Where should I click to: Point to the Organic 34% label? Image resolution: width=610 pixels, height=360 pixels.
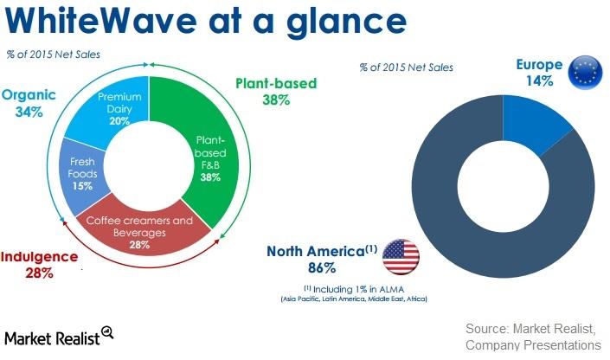tap(29, 102)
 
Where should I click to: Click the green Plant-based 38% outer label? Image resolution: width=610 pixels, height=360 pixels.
tap(275, 92)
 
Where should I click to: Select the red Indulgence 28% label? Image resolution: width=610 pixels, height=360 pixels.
tap(40, 265)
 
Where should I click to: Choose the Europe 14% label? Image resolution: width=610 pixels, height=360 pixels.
tap(539, 73)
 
